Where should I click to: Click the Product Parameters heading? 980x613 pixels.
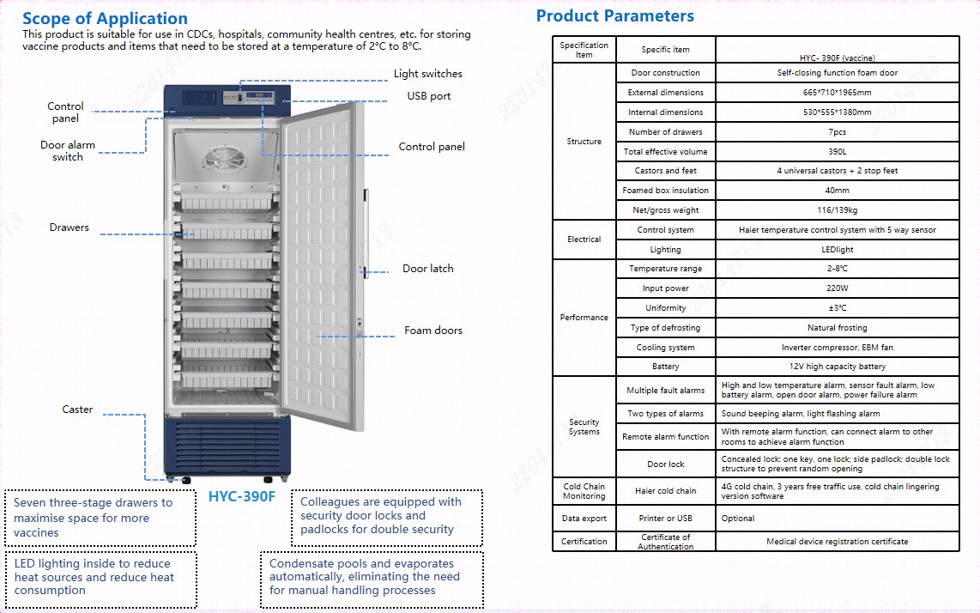(x=615, y=16)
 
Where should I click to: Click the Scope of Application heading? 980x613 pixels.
(x=105, y=19)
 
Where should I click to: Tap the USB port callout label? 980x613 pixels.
(x=429, y=96)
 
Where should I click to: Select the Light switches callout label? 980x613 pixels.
(x=428, y=74)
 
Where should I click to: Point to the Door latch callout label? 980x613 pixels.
(x=428, y=269)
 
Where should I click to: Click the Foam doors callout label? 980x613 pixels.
(x=433, y=331)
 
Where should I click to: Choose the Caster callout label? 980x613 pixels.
(x=77, y=409)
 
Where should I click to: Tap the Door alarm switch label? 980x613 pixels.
(x=68, y=151)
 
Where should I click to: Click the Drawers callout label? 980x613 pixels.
(x=70, y=228)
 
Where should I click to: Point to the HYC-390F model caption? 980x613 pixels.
(x=242, y=496)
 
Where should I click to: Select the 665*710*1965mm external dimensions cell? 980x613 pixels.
(x=838, y=93)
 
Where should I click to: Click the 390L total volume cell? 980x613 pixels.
(x=838, y=151)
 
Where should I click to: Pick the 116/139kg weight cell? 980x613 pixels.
(x=838, y=210)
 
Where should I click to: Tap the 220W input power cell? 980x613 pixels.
(x=838, y=288)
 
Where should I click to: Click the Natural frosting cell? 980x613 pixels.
(x=838, y=328)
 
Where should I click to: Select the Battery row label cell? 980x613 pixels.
(x=666, y=367)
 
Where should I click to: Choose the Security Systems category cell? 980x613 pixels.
(x=584, y=427)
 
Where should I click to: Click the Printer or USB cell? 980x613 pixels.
(x=666, y=518)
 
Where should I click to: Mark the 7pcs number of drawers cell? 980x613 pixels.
(x=838, y=132)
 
